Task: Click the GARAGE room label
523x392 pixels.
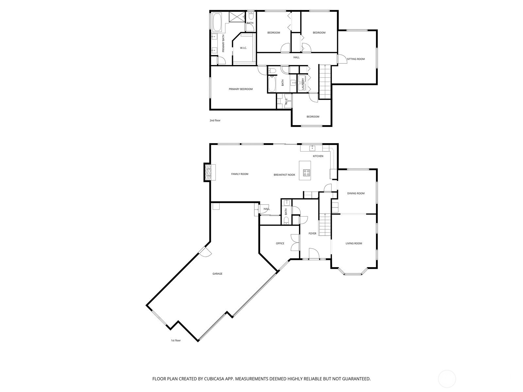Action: point(217,274)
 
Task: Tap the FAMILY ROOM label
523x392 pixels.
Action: point(240,174)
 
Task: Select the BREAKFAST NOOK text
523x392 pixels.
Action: point(284,175)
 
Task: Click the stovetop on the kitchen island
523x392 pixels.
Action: point(307,172)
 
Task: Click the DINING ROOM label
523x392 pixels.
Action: point(356,193)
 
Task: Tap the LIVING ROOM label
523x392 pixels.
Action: point(354,243)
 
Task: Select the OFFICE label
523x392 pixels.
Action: point(280,243)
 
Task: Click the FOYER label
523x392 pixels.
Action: point(312,234)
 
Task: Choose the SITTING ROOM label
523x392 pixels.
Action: point(356,59)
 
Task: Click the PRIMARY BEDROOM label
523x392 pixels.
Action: point(241,89)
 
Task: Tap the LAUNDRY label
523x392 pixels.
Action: point(303,84)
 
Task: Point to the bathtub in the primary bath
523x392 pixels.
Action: point(50,23)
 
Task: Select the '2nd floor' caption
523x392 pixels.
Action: point(215,121)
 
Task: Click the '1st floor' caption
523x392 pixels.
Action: point(176,340)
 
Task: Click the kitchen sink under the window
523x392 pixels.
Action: point(312,148)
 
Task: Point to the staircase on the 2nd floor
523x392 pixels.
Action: point(325,82)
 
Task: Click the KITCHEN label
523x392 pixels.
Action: point(318,156)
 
